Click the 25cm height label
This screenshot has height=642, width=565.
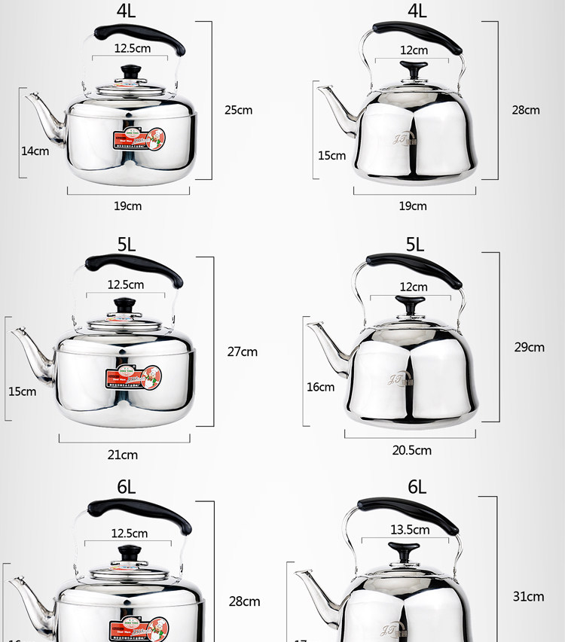coord(238,110)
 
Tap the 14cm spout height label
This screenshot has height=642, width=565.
coord(35,151)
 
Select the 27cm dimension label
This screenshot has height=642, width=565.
coord(242,351)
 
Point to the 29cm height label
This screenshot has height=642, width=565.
coord(529,347)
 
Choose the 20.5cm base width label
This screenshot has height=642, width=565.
coord(411,450)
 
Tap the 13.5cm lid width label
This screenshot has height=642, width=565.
coord(411,529)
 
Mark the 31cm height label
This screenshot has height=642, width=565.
coord(529,596)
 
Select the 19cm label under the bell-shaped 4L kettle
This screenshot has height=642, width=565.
coord(413,205)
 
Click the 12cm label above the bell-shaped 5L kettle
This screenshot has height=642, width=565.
coord(414,287)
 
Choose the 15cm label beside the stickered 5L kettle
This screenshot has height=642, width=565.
coord(23,391)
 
